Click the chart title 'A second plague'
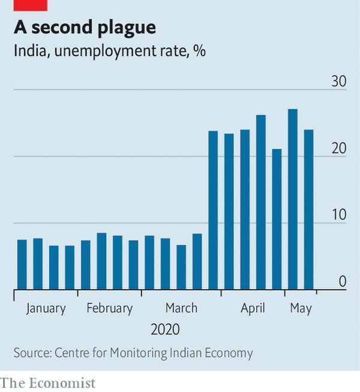[x=85, y=28]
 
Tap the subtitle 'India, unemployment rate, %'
[x=110, y=52]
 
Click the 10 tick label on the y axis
[x=340, y=215]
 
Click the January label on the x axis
[x=46, y=309]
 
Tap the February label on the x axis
[x=109, y=309]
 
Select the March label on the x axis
[x=181, y=309]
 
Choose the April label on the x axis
[x=253, y=309]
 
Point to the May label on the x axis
[x=301, y=309]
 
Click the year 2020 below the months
[x=165, y=330]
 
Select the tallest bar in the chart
[x=293, y=199]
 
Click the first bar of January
[x=22, y=264]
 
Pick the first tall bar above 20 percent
[x=213, y=210]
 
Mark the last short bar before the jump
[x=197, y=261]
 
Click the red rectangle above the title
[x=30, y=5]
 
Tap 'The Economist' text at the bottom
[x=48, y=382]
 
